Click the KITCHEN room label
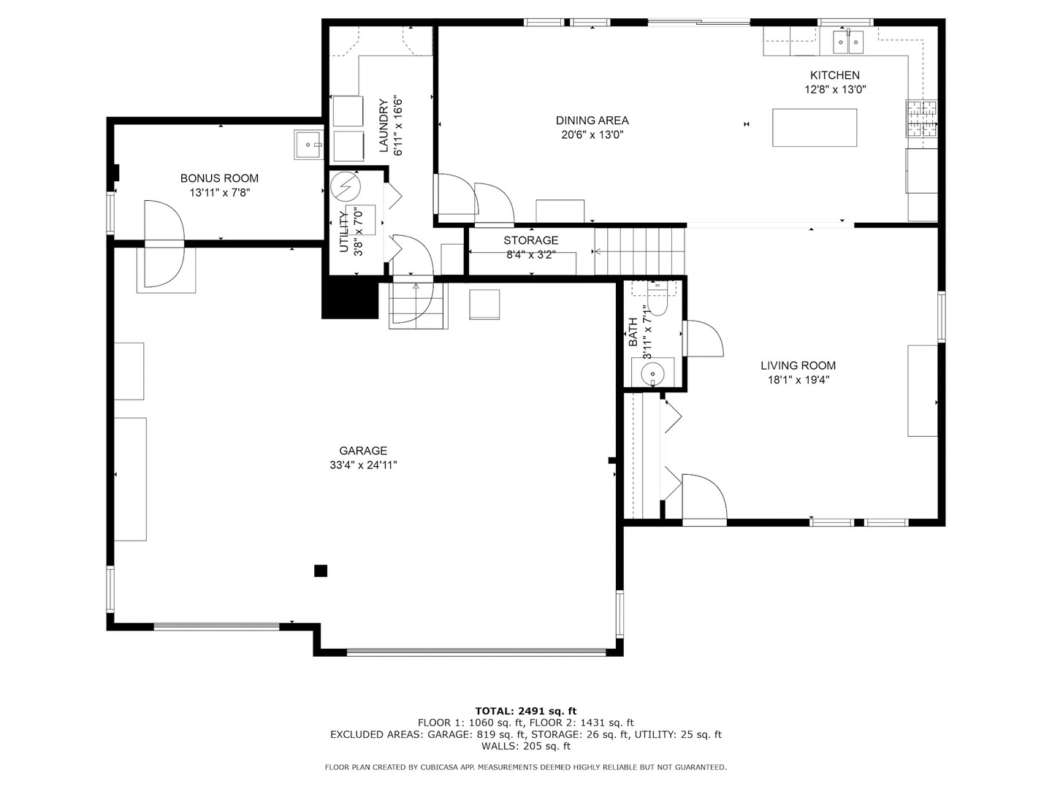[834, 75]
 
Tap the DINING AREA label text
[592, 121]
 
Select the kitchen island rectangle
[815, 127]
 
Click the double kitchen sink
[848, 42]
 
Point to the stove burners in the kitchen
[920, 118]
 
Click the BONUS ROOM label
[219, 178]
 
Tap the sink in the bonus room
[308, 145]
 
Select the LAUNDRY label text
[384, 126]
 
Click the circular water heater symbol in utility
[346, 186]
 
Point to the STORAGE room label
[530, 240]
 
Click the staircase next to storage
[640, 251]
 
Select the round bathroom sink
[652, 372]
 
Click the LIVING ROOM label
[798, 365]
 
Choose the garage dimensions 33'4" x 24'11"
[363, 465]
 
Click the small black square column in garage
[321, 571]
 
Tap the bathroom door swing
[703, 338]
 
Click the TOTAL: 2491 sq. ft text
[526, 711]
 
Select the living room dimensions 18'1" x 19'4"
[798, 380]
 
